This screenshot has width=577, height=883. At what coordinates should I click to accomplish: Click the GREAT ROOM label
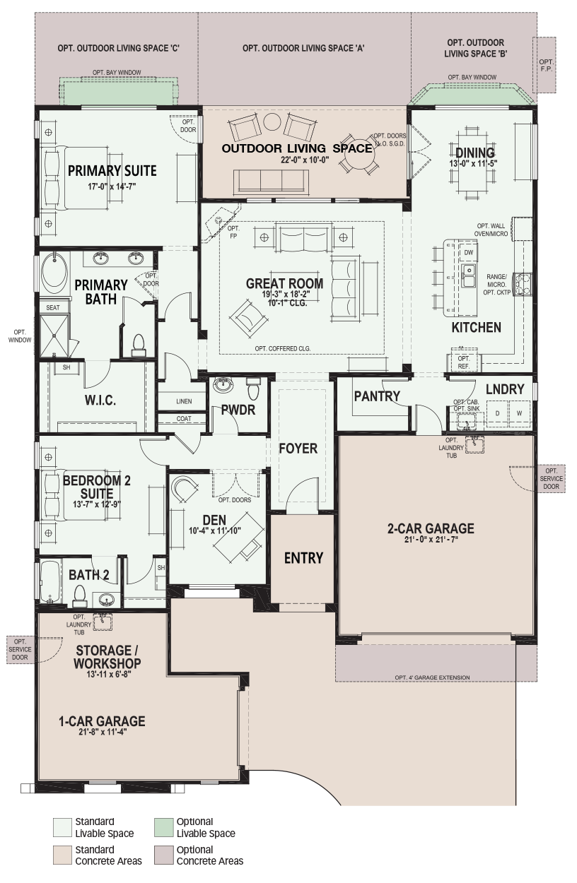(284, 283)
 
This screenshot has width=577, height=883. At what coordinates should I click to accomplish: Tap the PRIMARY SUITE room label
(112, 171)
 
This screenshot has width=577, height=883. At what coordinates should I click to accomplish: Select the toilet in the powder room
(253, 389)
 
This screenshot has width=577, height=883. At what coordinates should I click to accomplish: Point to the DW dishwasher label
(468, 253)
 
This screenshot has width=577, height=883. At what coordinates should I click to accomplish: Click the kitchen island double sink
(469, 275)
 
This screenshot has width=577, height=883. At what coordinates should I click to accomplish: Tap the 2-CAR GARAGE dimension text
(431, 540)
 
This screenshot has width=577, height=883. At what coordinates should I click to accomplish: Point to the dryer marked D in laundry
(497, 413)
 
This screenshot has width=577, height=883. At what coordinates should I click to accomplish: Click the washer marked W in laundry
(520, 413)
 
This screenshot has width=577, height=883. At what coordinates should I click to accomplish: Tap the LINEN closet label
(184, 401)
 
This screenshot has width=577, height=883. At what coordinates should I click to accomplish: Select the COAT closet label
(184, 419)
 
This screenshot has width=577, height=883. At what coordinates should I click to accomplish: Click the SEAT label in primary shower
(53, 307)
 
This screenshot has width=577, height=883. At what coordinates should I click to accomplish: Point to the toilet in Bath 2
(80, 597)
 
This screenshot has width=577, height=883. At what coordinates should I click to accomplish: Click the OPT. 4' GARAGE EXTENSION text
(432, 677)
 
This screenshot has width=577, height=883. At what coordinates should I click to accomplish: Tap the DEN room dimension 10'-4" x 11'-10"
(215, 531)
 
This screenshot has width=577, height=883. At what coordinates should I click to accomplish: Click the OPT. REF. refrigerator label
(464, 362)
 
